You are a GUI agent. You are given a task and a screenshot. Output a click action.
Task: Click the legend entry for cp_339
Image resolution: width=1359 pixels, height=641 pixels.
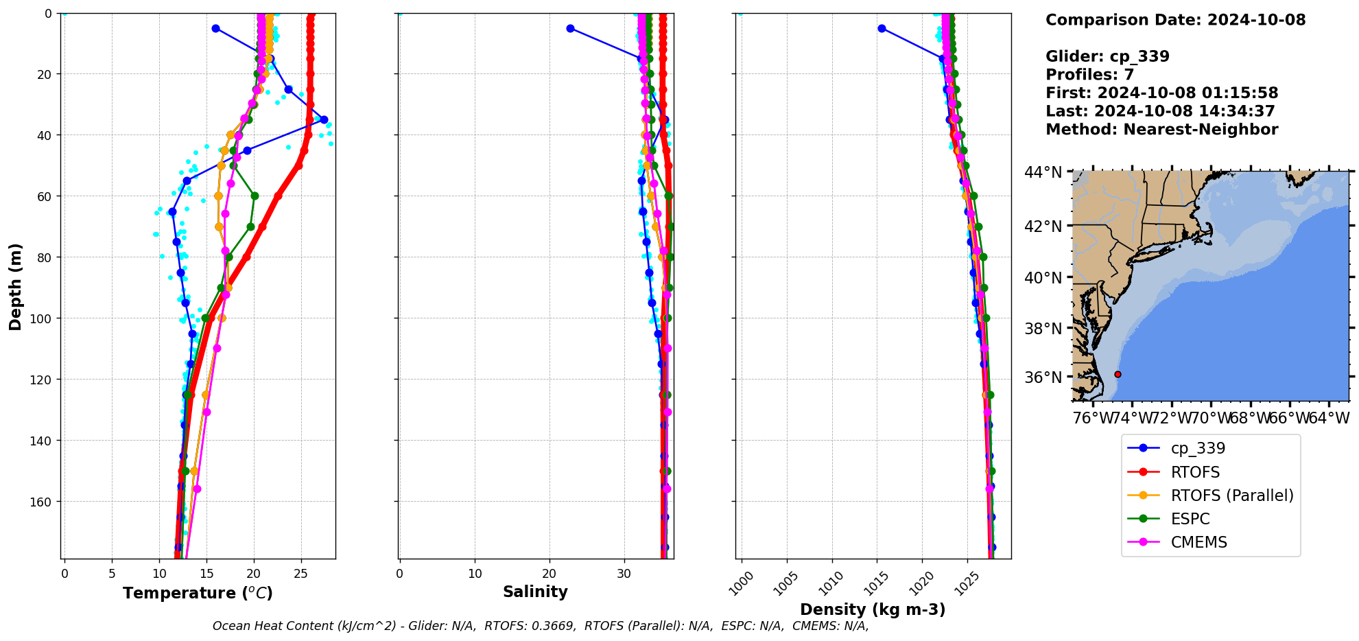(x=1197, y=448)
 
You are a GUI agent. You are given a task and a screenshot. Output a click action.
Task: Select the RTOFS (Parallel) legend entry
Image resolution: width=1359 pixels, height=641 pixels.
(x=1231, y=496)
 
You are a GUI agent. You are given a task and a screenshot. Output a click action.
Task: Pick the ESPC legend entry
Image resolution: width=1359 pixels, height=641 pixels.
(x=1190, y=519)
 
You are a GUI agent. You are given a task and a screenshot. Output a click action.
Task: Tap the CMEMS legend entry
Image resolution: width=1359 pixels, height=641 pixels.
(x=1198, y=542)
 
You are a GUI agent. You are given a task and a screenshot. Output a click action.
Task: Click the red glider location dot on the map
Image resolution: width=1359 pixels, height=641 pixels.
(x=1118, y=374)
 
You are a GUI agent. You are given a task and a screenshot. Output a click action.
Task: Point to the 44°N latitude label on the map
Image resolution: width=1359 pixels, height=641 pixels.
(x=1043, y=172)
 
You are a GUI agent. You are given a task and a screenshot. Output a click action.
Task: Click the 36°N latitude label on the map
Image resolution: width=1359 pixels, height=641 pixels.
(x=1043, y=377)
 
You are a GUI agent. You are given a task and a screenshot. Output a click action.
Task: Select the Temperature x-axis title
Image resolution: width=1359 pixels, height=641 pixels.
(x=198, y=593)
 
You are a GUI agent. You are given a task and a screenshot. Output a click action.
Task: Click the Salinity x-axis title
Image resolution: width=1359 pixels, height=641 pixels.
(x=535, y=592)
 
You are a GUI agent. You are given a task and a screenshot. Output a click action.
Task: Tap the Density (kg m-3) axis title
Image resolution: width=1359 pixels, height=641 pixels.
(x=873, y=609)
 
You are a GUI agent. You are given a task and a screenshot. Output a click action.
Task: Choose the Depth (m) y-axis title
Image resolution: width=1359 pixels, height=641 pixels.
(x=15, y=286)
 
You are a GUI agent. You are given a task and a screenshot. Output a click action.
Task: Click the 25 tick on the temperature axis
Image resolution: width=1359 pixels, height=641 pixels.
(x=301, y=573)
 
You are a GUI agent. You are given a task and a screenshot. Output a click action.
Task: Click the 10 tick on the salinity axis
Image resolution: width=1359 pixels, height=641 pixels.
(x=475, y=573)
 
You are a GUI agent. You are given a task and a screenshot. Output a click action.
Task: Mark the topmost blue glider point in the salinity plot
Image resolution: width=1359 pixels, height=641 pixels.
(x=570, y=28)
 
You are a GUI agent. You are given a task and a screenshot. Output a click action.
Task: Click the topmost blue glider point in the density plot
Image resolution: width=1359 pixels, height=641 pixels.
(x=882, y=28)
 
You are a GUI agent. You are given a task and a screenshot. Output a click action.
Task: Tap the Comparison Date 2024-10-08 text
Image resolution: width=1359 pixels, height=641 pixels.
(x=1175, y=20)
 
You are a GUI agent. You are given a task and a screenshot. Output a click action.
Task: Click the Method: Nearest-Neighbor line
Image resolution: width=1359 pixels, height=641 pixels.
(x=1161, y=130)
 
